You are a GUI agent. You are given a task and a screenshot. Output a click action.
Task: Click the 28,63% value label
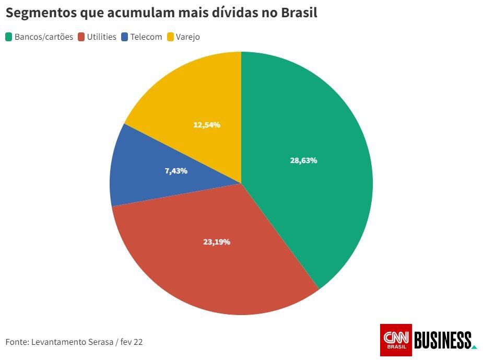(x=303, y=160)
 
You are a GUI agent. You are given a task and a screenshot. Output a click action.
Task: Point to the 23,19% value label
(x=217, y=242)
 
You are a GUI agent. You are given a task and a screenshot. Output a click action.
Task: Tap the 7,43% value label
(x=176, y=170)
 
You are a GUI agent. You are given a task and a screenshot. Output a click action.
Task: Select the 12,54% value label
(x=207, y=125)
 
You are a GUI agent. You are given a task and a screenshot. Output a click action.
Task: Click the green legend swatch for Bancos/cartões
(x=9, y=37)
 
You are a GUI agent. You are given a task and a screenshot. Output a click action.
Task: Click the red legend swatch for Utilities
(x=81, y=37)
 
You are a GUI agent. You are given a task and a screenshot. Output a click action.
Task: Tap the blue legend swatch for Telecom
(x=125, y=37)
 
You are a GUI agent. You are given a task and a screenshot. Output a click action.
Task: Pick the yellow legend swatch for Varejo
(x=170, y=37)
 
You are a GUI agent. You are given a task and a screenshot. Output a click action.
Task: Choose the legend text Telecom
(x=146, y=37)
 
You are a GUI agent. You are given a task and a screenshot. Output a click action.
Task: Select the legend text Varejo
(x=188, y=37)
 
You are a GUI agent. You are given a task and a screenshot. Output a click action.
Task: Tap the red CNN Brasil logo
(x=396, y=340)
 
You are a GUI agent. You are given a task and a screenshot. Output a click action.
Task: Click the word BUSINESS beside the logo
(x=443, y=340)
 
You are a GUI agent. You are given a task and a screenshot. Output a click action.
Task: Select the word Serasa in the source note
(x=100, y=342)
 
